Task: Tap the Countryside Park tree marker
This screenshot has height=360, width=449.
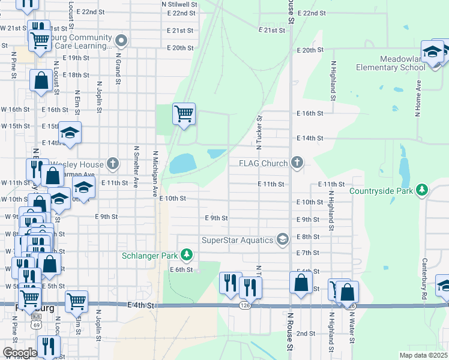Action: click(x=422, y=190)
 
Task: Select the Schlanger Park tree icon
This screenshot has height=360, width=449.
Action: click(x=187, y=255)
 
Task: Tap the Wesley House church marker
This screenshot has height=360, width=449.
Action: click(x=113, y=163)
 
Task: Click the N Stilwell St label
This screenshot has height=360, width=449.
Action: click(x=179, y=4)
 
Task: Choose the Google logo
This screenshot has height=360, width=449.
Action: click(x=20, y=352)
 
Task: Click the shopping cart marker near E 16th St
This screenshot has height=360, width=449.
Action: click(x=184, y=113)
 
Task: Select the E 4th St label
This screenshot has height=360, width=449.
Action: click(x=140, y=305)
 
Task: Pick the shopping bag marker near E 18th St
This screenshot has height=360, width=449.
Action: click(x=41, y=82)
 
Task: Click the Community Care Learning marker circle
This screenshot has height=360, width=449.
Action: click(x=121, y=41)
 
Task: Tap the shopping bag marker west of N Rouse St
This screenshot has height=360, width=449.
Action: click(x=301, y=283)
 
